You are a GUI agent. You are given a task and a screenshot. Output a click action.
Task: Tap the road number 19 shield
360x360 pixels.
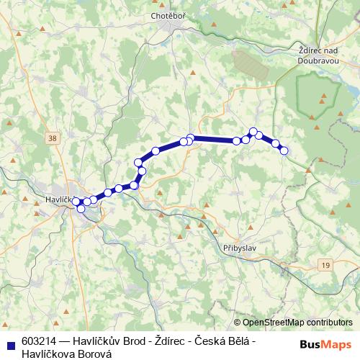tap(326, 266)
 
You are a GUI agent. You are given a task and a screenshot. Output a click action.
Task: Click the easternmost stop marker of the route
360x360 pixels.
tap(284, 150)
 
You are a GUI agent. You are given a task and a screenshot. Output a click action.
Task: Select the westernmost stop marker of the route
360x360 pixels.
tap(76, 202)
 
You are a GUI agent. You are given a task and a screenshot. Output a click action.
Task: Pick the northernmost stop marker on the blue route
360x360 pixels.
tap(253, 132)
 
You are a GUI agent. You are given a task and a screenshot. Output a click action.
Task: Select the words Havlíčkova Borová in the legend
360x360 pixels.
tap(66, 353)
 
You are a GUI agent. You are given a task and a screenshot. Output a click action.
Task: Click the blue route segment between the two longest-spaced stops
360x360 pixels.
tap(214, 139)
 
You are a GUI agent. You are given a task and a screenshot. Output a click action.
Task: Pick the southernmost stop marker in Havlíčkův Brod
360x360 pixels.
tap(81, 209)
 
